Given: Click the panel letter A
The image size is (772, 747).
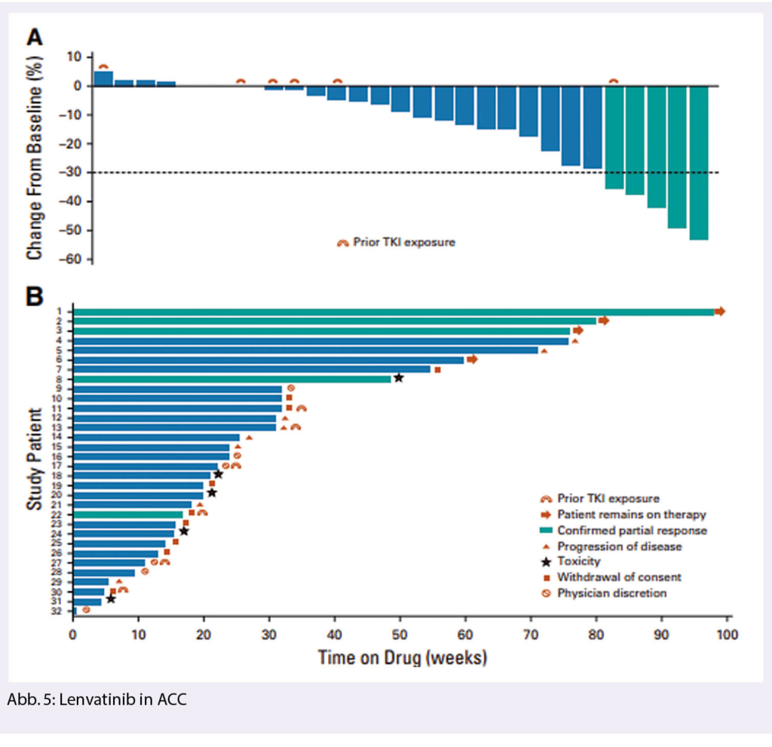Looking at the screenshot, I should [35, 38].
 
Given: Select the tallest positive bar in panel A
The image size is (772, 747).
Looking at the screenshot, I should [103, 78].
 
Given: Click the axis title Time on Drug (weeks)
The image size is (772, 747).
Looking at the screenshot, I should [402, 657].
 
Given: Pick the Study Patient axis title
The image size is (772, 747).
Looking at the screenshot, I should [35, 461].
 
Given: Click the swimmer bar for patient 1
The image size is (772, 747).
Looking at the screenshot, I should [392, 311].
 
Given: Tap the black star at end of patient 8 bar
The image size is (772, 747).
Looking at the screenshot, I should [399, 378].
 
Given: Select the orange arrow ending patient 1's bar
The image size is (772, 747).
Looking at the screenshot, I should [720, 311].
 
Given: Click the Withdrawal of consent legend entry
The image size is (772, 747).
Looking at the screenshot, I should [619, 577].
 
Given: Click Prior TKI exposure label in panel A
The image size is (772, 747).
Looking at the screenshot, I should [406, 243].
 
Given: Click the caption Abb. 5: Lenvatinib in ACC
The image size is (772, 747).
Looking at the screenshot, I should [96, 700].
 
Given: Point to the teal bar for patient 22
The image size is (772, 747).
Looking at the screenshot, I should [128, 514].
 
